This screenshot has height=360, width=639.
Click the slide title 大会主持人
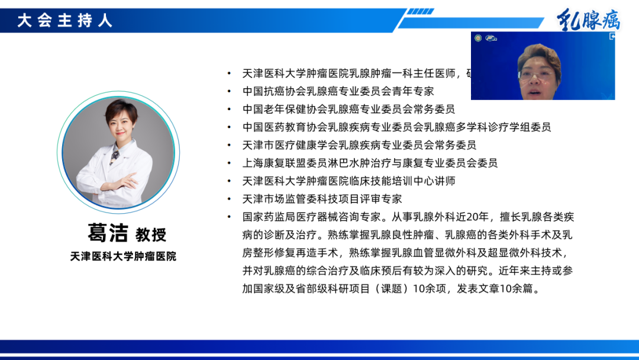64,21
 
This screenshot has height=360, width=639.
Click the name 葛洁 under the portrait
108,233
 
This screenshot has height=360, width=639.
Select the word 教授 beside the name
151,234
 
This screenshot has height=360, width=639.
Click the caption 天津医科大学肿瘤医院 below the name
123,256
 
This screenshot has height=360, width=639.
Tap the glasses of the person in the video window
537,75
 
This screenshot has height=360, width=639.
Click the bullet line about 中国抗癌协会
338,91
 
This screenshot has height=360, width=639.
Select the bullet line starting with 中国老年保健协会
348,109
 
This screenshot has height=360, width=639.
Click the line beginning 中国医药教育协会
396,127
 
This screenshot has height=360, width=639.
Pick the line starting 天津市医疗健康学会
359,144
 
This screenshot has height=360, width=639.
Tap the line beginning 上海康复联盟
370,163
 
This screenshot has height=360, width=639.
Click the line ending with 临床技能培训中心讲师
348,181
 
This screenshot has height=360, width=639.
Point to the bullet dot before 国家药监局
230,217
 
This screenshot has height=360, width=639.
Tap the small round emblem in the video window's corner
477,38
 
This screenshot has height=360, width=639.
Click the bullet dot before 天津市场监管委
230,199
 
